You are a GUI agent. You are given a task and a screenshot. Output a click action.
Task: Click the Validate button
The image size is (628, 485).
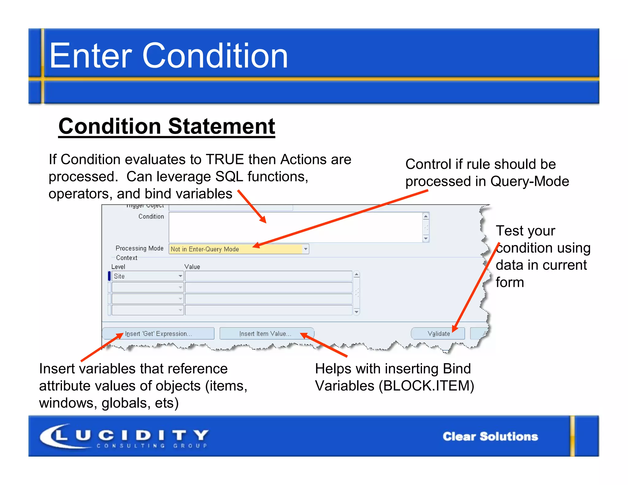(438, 334)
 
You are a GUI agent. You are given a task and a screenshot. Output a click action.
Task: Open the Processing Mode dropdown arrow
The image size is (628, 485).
(305, 249)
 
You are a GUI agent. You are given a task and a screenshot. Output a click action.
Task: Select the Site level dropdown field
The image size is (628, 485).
(147, 276)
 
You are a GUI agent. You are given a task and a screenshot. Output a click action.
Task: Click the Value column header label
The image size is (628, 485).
(192, 267)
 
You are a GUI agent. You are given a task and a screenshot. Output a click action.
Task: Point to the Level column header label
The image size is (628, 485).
(118, 267)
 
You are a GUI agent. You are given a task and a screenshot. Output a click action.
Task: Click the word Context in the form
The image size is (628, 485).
(127, 258)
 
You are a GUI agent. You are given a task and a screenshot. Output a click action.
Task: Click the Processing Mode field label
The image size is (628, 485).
(140, 248)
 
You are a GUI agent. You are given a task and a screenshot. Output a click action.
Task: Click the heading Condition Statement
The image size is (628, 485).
(167, 126)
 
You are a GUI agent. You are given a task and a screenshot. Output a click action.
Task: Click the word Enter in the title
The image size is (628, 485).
(90, 56)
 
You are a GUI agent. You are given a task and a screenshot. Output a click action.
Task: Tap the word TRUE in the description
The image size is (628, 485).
(225, 160)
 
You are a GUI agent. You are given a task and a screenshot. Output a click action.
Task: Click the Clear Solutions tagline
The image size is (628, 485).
(490, 437)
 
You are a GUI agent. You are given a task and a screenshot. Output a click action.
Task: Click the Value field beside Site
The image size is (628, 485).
(268, 276)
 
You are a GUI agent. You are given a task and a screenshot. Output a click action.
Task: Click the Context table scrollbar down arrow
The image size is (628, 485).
(356, 312)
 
